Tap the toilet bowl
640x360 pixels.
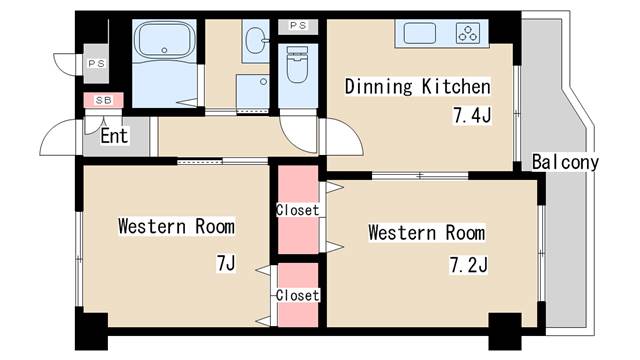coord(298,67)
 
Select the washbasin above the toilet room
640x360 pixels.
coord(255,41)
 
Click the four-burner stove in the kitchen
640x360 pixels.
coord(469,33)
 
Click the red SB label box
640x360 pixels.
coord(102,100)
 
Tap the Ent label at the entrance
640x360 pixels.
coord(114,136)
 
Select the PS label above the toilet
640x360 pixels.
coord(298,25)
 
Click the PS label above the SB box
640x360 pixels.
coord(95,64)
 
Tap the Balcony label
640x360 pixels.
coord(565,162)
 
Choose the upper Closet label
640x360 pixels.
coord(297,210)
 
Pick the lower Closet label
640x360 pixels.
coord(297,295)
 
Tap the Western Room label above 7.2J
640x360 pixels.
coord(426,233)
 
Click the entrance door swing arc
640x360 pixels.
coord(64,134)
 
